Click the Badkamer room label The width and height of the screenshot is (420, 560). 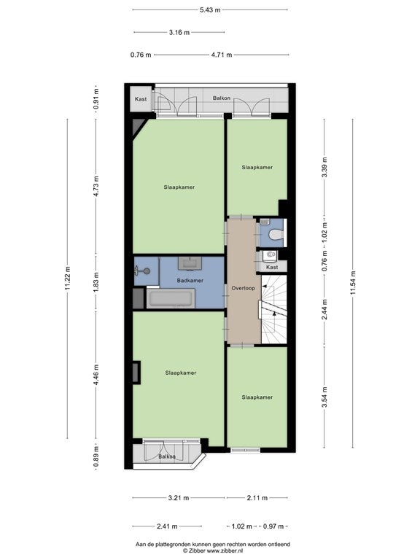click(190, 280)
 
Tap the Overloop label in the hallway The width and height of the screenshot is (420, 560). click(244, 288)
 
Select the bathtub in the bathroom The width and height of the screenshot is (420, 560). click(171, 298)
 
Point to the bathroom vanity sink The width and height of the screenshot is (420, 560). click(190, 263)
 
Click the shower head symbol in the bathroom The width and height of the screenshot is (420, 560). click(146, 271)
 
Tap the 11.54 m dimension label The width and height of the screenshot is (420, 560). click(353, 283)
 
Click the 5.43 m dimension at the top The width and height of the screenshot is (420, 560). click(210, 10)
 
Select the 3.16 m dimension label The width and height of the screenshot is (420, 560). click(179, 33)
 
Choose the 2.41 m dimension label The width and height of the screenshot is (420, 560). click(167, 526)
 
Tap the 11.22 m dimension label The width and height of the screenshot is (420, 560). click(68, 279)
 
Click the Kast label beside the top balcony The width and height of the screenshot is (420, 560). click(141, 99)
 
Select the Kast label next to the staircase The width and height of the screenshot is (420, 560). click(272, 267)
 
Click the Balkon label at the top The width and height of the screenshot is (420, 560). click(222, 98)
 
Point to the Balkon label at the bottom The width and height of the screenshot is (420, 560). click(167, 456)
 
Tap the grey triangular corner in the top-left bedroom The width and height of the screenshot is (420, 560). click(138, 127)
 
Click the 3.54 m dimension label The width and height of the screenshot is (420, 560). click(324, 397)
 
